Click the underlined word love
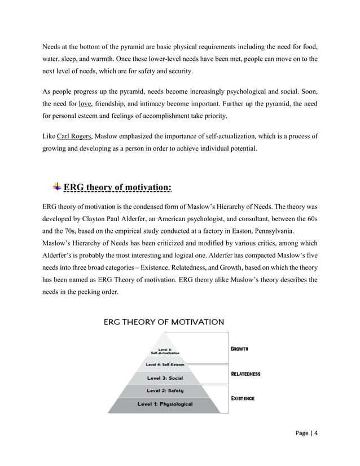coord(85,104)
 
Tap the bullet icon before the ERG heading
coord(56,187)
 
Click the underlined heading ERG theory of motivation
coord(118,188)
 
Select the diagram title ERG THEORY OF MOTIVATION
coord(164,322)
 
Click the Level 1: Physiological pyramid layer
coord(165,404)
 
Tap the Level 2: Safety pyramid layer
coord(165,390)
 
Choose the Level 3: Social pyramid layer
coord(165,377)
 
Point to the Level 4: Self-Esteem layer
coord(165,364)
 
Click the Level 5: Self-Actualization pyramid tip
coord(165,350)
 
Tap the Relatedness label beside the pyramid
coord(245,373)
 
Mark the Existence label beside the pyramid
coord(243,398)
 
